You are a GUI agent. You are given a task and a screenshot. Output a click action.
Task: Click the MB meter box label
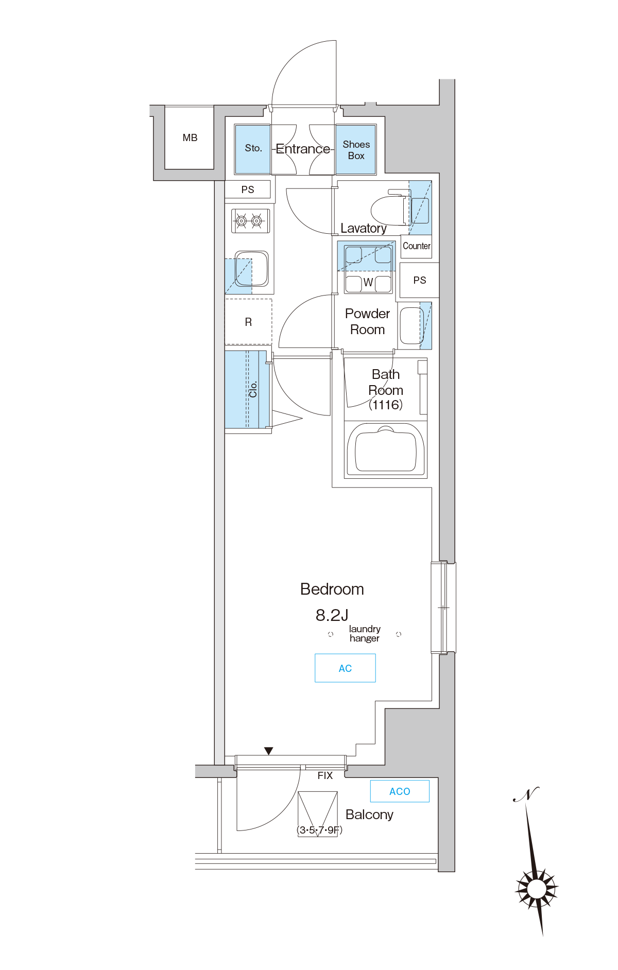tap(190, 138)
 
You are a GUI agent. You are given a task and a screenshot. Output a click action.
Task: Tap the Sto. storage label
tap(253, 148)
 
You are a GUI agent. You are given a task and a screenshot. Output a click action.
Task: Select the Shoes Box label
tap(356, 150)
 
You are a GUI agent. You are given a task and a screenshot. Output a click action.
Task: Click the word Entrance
tap(303, 149)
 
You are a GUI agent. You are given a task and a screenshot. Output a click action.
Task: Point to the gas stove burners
tap(250, 221)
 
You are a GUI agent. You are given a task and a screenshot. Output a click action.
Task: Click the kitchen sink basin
tap(252, 268)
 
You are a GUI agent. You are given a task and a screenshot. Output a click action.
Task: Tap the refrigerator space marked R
tap(248, 322)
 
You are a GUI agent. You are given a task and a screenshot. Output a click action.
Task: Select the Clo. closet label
tap(253, 389)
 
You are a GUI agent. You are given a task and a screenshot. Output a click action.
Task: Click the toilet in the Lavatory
tap(391, 208)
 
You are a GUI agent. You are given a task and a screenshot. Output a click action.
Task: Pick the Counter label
tap(416, 246)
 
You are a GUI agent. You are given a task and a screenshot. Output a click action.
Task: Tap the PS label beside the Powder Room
tap(420, 280)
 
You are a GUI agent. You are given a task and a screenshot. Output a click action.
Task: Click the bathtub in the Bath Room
tap(386, 449)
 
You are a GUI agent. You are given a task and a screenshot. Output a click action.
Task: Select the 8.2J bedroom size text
tap(332, 615)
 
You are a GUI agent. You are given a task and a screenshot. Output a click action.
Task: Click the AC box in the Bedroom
tap(345, 668)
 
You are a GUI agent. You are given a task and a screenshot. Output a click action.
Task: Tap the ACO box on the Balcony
tap(400, 791)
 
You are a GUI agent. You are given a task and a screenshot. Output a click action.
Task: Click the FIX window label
tap(325, 775)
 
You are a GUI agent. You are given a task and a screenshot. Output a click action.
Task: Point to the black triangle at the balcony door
tap(268, 751)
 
